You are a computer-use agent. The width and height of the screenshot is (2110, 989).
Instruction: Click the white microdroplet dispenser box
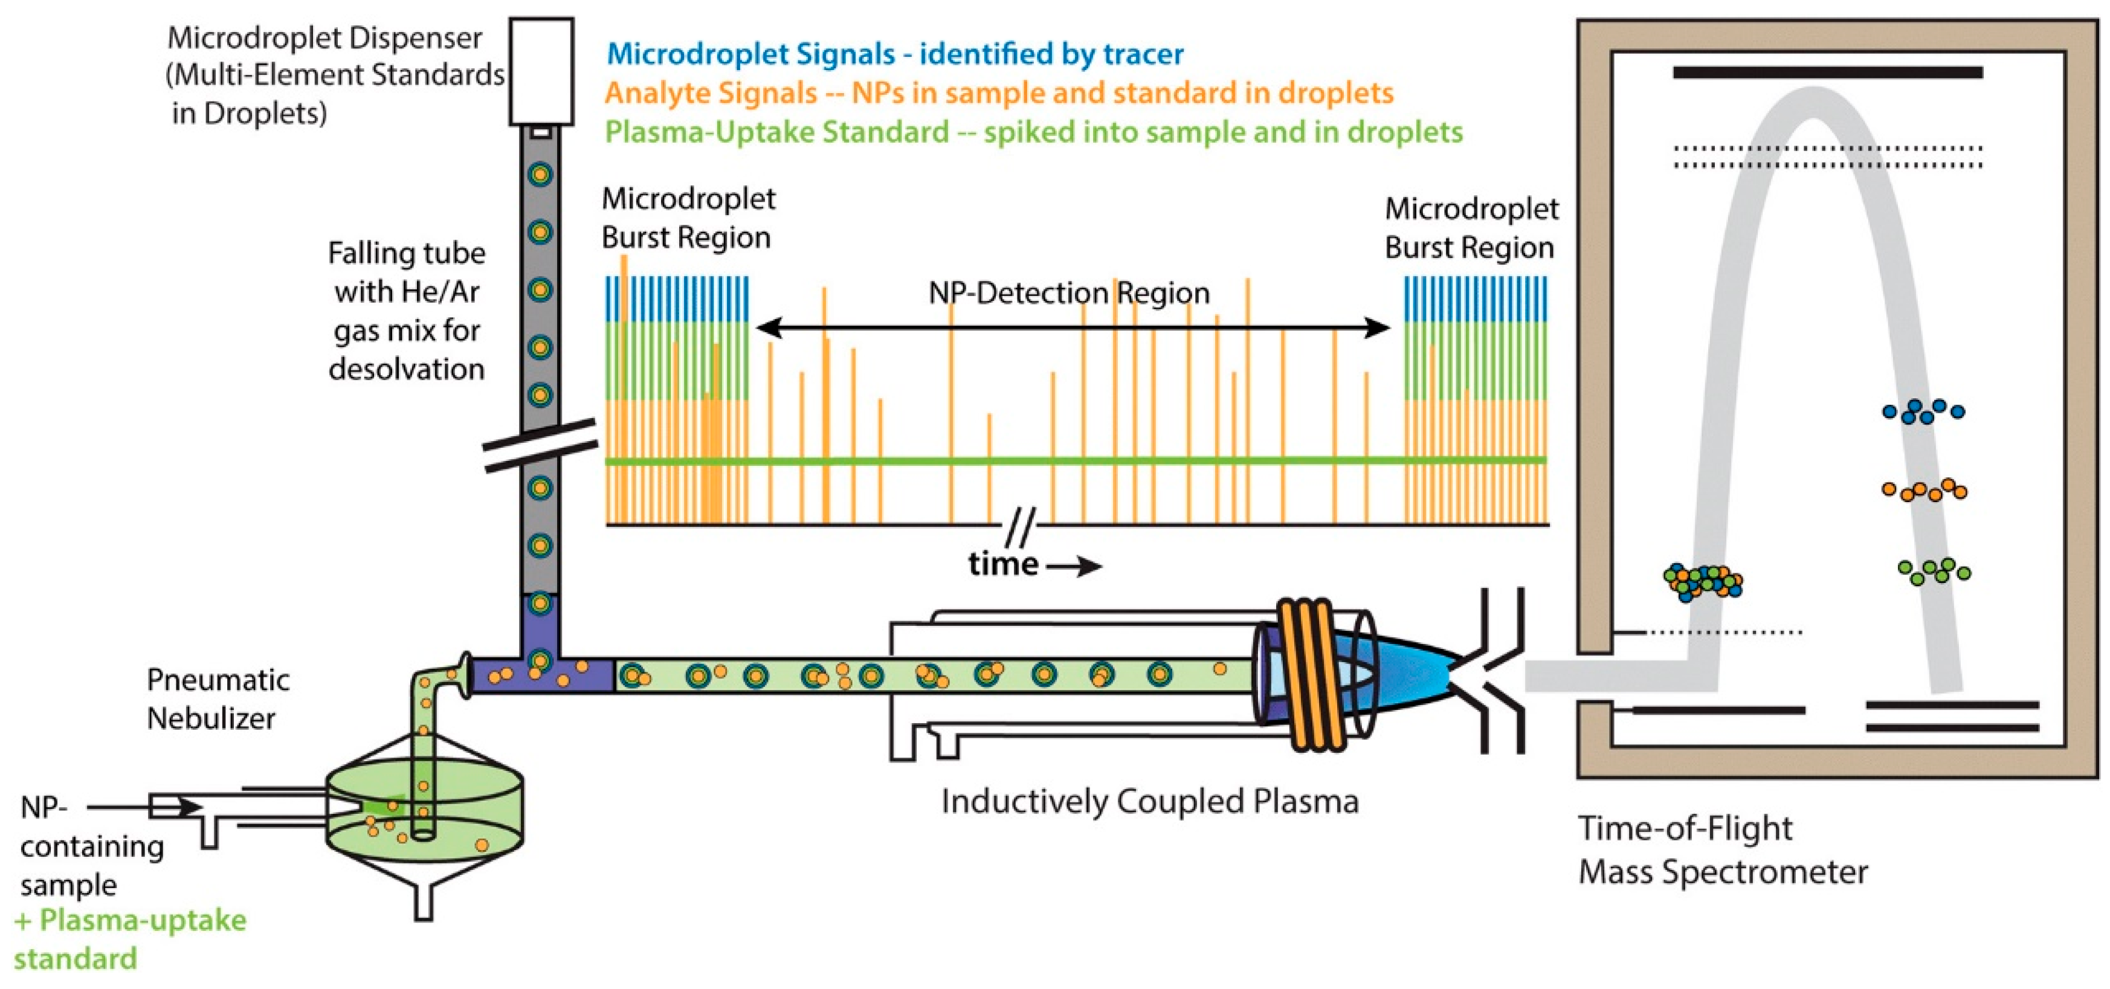tap(541, 72)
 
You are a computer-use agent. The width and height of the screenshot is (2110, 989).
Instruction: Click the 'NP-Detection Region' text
tap(1068, 293)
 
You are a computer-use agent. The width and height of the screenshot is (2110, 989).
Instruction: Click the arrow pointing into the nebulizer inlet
tap(143, 807)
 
